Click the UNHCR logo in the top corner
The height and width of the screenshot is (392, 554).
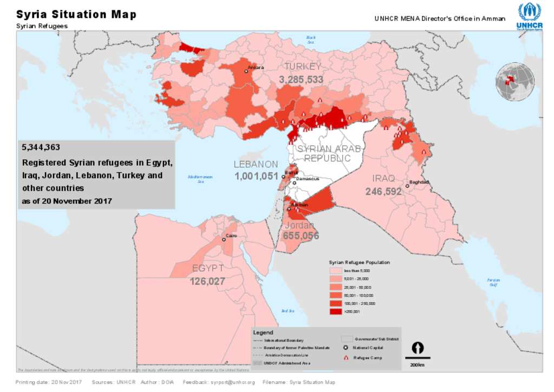(x=529, y=15)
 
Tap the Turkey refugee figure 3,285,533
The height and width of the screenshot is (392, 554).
(x=301, y=80)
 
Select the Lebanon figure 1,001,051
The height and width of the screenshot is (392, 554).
(x=256, y=176)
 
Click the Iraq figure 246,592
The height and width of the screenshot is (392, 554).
(x=383, y=191)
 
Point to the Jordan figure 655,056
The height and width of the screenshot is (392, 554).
(x=300, y=236)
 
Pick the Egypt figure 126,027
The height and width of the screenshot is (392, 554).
(x=207, y=281)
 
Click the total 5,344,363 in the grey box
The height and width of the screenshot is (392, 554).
(x=41, y=147)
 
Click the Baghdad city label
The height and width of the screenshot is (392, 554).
(x=419, y=182)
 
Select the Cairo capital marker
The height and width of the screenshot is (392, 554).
(x=223, y=239)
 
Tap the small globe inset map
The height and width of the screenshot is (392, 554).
(x=515, y=82)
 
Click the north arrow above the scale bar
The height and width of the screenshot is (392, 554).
(x=418, y=348)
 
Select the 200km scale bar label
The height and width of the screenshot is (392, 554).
(x=417, y=365)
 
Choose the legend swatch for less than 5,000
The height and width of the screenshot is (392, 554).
(x=335, y=270)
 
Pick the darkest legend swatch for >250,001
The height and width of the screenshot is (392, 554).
(x=335, y=311)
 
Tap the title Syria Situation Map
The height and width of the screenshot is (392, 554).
(x=76, y=14)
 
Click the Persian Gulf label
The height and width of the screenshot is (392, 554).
(x=492, y=282)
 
